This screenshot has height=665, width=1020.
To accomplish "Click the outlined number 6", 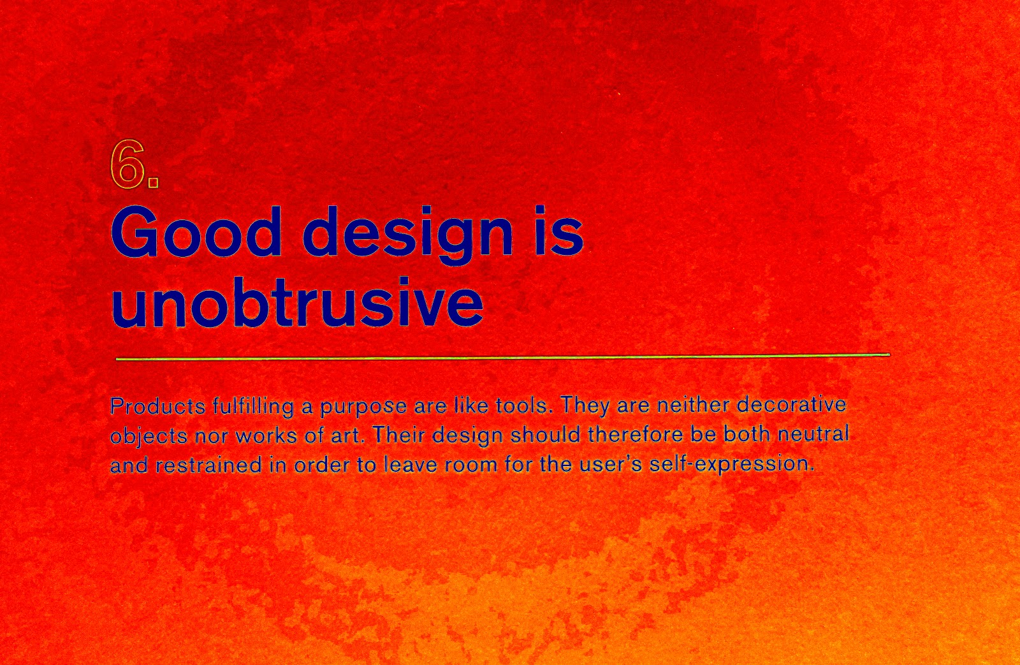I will pyautogui.click(x=127, y=164).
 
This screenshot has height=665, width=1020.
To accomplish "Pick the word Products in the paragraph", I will pyautogui.click(x=157, y=406).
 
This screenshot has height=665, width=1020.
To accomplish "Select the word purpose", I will pyautogui.click(x=363, y=407).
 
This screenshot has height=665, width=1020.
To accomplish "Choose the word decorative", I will pyautogui.click(x=791, y=404).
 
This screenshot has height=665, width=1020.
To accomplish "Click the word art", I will pyautogui.click(x=346, y=435).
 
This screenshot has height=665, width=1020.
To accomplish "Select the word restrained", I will pyautogui.click(x=208, y=465).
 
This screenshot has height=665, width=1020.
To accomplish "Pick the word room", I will pyautogui.click(x=470, y=464).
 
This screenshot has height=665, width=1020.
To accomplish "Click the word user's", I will pyautogui.click(x=611, y=464).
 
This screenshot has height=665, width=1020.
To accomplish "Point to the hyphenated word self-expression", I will pyautogui.click(x=731, y=464).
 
